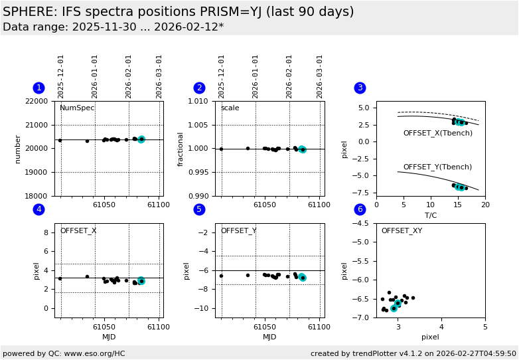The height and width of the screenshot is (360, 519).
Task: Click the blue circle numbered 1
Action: (38, 88)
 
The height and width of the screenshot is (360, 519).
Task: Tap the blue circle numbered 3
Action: (360, 88)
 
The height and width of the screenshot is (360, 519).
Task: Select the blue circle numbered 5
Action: (199, 209)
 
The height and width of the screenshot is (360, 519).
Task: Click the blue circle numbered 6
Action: (360, 209)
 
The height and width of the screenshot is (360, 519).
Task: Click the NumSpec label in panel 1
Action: (77, 108)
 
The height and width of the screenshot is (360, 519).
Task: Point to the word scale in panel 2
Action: (230, 108)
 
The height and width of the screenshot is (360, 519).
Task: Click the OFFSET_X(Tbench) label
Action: (437, 134)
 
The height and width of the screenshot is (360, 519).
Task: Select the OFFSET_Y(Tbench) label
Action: (437, 167)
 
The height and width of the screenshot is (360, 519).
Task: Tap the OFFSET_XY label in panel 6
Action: (401, 231)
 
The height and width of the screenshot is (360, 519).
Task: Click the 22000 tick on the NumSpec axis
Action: (37, 101)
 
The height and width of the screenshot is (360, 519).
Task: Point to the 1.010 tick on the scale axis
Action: (198, 101)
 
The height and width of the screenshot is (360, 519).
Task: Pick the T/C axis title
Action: (430, 215)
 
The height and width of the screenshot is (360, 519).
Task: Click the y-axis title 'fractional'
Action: (181, 149)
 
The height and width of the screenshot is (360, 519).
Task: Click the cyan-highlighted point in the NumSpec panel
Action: (141, 139)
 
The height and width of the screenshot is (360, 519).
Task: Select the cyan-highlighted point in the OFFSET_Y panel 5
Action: (302, 278)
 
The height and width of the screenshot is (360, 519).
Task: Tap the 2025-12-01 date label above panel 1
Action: (61, 76)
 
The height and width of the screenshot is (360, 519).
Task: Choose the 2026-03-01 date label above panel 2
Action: (320, 76)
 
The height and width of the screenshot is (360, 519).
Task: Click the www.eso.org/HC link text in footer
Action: (94, 354)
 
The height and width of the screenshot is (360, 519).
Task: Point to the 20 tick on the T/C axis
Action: (485, 205)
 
